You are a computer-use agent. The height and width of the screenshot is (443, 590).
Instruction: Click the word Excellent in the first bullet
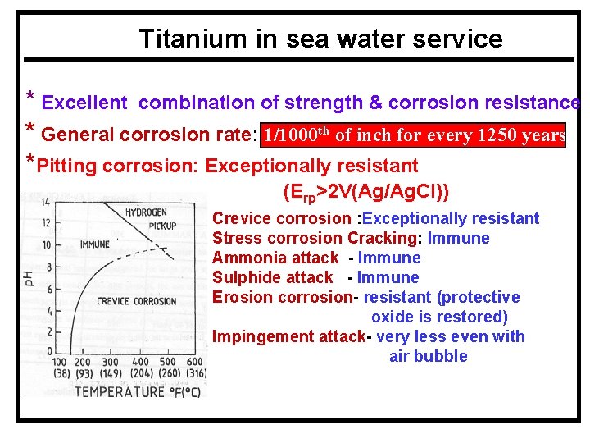pos(84,103)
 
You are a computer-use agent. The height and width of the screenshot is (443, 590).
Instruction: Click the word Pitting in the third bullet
pos(71,167)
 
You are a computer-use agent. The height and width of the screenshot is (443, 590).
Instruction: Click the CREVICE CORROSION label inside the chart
pos(136,301)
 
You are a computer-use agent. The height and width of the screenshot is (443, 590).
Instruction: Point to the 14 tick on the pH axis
pos(47,202)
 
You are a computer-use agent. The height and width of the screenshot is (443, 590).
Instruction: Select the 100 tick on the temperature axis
pos(61,362)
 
